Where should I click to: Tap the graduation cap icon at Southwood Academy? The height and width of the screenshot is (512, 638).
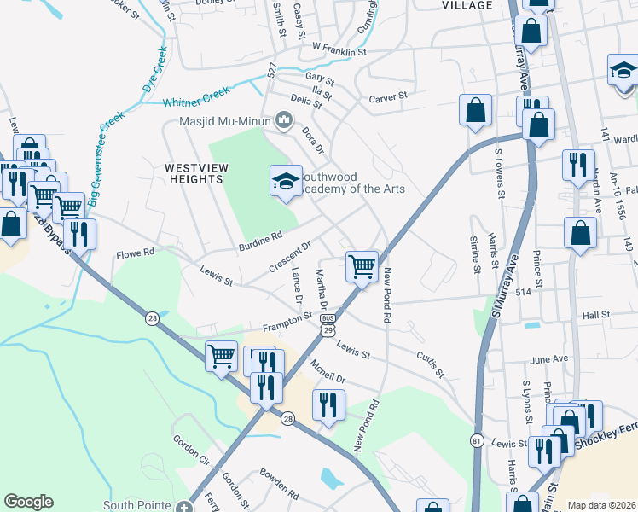[286, 180]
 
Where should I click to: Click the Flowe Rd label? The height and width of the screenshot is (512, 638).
[135, 253]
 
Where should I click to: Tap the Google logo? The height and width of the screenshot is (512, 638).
[29, 501]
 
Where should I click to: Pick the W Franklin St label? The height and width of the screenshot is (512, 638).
[339, 51]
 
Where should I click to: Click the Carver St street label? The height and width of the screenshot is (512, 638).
[388, 98]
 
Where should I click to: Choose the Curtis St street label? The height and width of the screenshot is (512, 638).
[430, 364]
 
